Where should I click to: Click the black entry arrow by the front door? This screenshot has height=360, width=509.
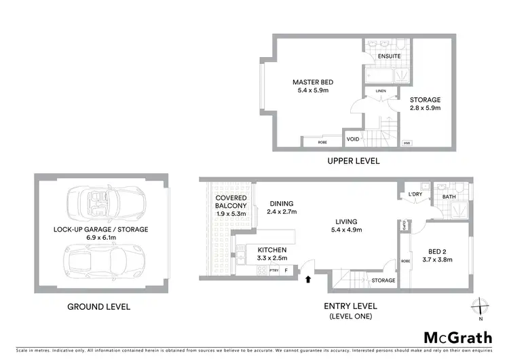coord(310,278)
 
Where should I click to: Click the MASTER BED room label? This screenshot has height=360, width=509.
coord(313,82)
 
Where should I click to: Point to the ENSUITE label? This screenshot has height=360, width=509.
coord(389,56)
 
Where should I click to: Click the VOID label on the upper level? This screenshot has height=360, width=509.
coord(353,139)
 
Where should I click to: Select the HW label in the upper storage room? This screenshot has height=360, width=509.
coord(407,143)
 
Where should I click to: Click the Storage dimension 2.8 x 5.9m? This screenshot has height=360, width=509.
coord(426,108)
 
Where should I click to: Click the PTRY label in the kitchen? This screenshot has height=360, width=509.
coord(274,270)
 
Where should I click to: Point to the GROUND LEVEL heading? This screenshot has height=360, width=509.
coord(98,306)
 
